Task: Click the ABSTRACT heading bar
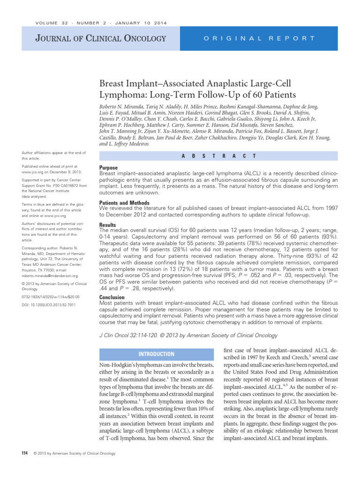[x=218, y=156]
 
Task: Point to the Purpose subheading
[x=109, y=167]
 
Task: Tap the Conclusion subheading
[x=112, y=297]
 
